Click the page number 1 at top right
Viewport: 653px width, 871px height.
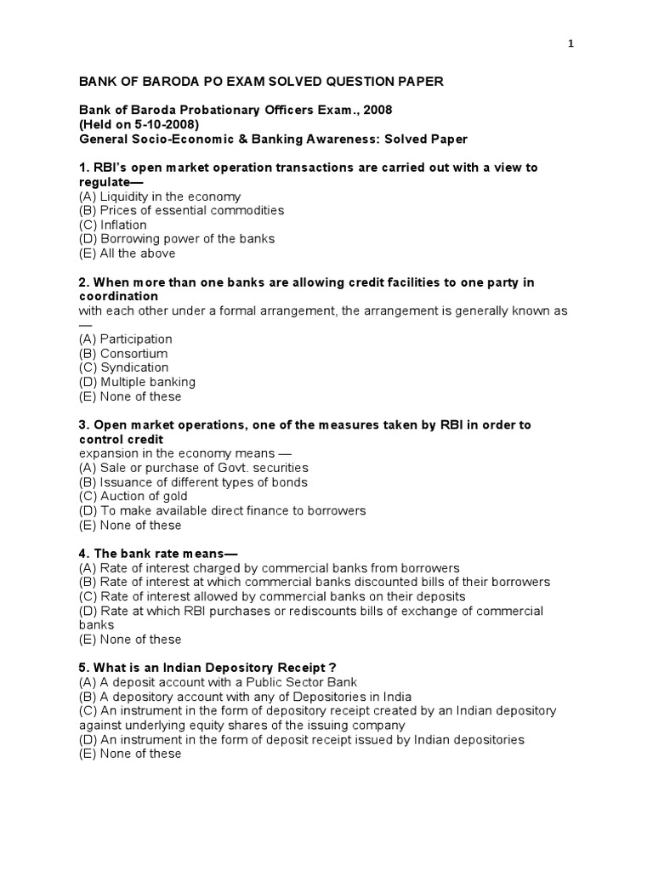coord(571,44)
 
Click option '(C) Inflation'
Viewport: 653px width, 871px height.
coord(112,225)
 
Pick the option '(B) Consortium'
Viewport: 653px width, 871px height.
coord(123,353)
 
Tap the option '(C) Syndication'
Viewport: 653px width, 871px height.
coord(123,367)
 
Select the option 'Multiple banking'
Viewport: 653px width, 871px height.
coord(147,382)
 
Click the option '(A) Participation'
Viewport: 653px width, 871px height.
coord(125,339)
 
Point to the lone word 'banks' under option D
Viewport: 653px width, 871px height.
coord(95,624)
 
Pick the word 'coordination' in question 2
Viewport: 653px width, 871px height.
coord(119,296)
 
